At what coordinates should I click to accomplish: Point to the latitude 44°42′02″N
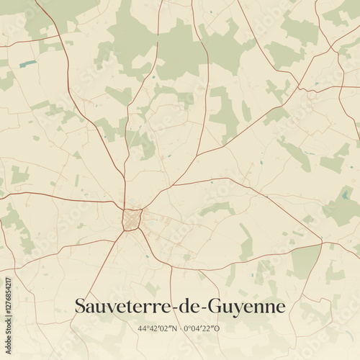[x=157, y=328]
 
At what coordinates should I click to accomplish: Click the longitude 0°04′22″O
[x=203, y=328]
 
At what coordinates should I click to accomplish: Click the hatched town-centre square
[x=131, y=219]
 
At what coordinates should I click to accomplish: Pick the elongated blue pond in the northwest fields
[x=27, y=63]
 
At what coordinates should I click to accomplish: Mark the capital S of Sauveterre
[x=81, y=307]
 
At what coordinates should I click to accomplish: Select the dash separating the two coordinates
[x=180, y=329]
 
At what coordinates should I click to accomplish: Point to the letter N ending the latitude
[x=174, y=328]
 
